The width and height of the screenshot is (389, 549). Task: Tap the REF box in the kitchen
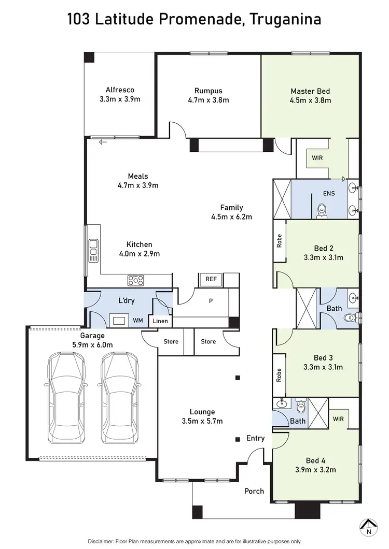point(211,279)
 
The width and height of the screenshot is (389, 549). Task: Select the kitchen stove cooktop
point(136,281)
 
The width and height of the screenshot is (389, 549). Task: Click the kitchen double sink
point(93,249)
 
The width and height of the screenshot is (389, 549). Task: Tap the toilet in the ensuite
point(322,211)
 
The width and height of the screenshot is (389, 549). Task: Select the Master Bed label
point(310,91)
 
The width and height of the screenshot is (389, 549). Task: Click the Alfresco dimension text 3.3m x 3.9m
point(120,99)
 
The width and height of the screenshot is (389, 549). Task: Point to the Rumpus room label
point(208,90)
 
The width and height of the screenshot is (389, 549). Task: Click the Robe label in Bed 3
point(279,375)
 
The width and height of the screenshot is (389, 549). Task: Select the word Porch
point(254,491)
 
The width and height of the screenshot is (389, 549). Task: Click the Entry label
point(255,438)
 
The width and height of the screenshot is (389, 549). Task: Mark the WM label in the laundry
point(137,321)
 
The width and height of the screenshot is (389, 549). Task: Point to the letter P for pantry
point(211,300)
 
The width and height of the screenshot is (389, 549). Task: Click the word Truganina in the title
point(285,20)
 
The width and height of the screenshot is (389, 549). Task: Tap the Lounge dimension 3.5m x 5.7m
point(202,421)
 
